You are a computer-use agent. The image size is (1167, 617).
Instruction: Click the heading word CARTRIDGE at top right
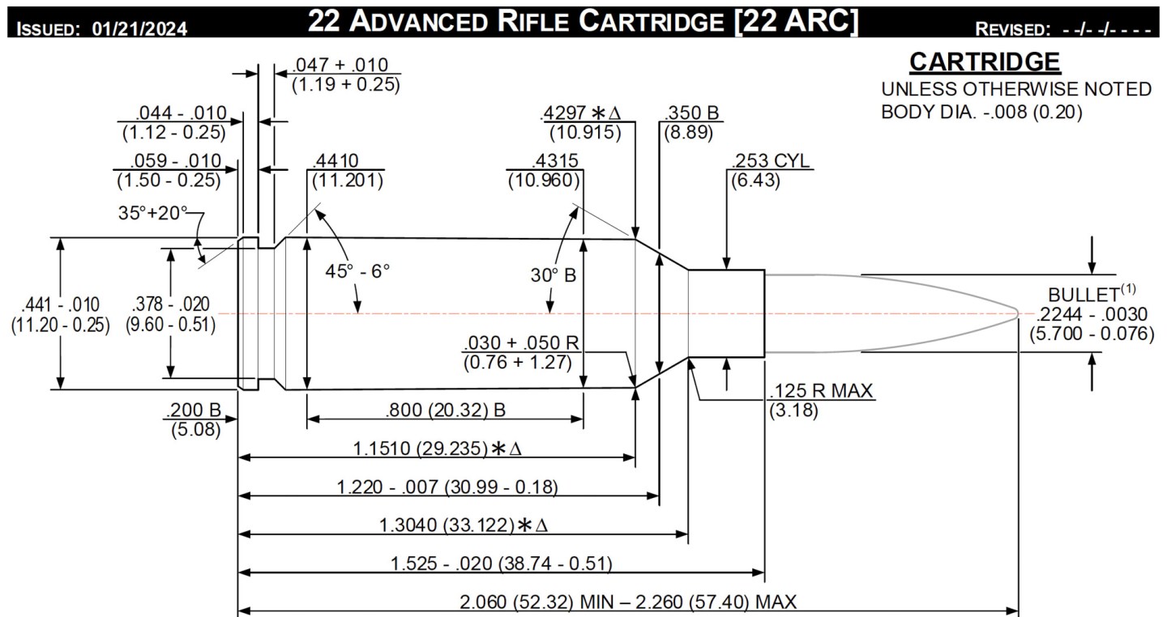[985, 62]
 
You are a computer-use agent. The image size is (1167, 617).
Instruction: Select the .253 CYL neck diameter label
[770, 160]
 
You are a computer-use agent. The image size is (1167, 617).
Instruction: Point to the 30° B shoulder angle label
[554, 275]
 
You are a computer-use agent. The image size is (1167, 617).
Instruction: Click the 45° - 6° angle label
[357, 270]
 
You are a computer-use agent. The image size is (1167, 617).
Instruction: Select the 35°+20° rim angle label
[152, 214]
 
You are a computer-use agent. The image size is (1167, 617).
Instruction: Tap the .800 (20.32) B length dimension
[445, 411]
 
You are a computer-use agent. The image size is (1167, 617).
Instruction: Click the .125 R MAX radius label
[820, 391]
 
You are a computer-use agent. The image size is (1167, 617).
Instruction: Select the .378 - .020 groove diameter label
[170, 305]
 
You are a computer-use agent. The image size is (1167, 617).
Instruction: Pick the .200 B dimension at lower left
[194, 411]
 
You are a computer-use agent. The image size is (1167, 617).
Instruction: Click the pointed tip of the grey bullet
[1017, 313]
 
